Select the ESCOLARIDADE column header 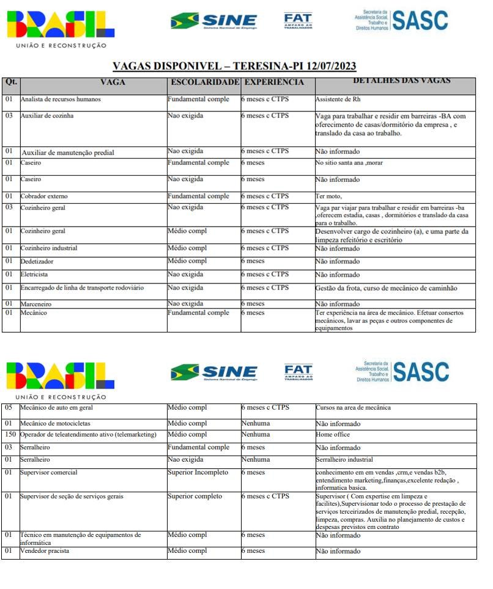(204, 82)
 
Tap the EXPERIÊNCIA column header (273, 82)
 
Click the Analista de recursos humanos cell (61, 99)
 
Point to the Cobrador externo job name (44, 197)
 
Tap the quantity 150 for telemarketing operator (10, 435)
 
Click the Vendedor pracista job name (45, 551)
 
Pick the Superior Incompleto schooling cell (198, 473)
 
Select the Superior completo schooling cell (195, 497)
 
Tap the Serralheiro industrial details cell (344, 460)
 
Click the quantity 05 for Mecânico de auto (9, 408)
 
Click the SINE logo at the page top (214, 21)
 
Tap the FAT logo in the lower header (298, 372)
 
